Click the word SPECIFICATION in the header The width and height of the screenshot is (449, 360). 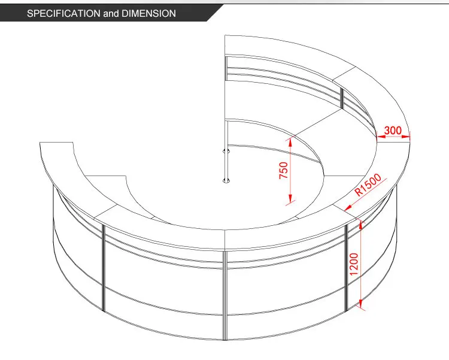coord(63,13)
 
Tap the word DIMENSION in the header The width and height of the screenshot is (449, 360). coord(148,13)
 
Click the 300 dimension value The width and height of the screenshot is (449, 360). coord(393,130)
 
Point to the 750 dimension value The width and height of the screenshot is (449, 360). coord(284,171)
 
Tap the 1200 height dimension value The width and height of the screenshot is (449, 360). coord(354,264)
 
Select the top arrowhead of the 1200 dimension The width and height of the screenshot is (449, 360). coord(362,223)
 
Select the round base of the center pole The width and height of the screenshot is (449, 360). coord(226,179)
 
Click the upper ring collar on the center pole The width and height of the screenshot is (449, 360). coord(226,150)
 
